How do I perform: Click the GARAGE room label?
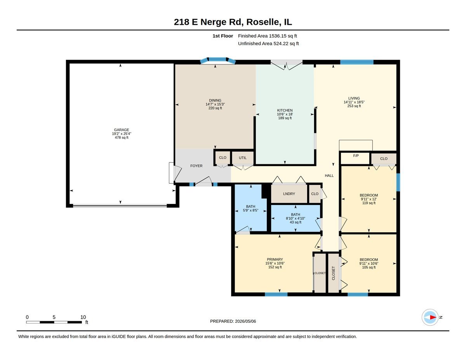(122, 130)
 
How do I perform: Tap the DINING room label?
(215, 100)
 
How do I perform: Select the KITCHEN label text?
(285, 110)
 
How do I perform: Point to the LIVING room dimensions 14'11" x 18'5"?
(354, 102)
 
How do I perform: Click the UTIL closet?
(243, 158)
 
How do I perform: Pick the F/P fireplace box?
(356, 158)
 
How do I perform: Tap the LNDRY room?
(289, 194)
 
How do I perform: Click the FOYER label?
(196, 166)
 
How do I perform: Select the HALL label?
(329, 176)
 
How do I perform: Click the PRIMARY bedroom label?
(275, 259)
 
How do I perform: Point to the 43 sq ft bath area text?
(296, 222)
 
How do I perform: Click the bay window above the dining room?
(218, 60)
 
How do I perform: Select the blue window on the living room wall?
(357, 62)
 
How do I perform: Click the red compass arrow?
(433, 317)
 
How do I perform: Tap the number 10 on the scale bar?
(83, 317)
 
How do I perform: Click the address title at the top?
(233, 22)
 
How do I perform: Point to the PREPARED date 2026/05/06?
(233, 321)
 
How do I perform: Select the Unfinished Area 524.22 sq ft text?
(268, 43)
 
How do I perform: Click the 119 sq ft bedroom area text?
(369, 203)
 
